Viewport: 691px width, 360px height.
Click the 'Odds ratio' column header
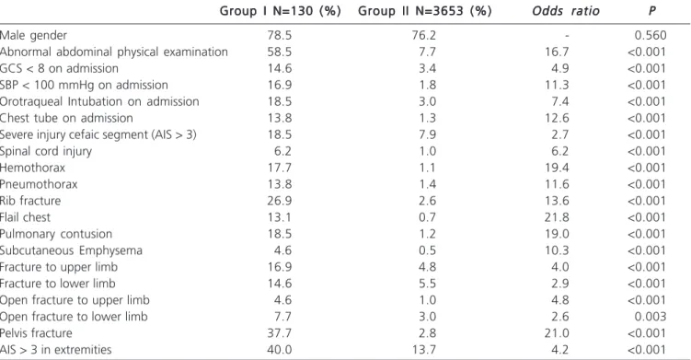point(565,11)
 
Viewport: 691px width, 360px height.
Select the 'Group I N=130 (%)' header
point(281,11)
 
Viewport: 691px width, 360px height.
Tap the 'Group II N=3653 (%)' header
point(425,11)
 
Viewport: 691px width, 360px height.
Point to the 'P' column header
point(651,11)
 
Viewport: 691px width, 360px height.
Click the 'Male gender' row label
point(33,36)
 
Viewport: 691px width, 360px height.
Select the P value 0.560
point(651,35)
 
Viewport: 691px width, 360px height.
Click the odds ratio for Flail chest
point(557,217)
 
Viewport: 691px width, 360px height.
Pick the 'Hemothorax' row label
point(32,168)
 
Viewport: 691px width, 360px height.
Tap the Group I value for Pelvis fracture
point(280,333)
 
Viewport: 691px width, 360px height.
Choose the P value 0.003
point(651,317)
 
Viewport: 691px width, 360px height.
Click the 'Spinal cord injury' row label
point(46,151)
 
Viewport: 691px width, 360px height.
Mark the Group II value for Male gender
point(424,35)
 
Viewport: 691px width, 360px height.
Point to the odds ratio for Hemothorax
point(557,168)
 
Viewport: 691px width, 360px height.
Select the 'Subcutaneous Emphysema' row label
point(71,250)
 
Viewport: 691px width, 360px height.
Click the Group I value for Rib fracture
point(280,201)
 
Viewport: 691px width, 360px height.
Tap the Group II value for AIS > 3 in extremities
point(424,350)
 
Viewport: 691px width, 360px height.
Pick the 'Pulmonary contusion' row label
point(56,234)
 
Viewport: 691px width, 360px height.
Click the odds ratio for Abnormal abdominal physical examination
point(557,52)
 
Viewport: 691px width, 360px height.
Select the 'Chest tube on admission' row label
point(66,118)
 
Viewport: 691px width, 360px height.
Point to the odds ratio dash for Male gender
point(567,36)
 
